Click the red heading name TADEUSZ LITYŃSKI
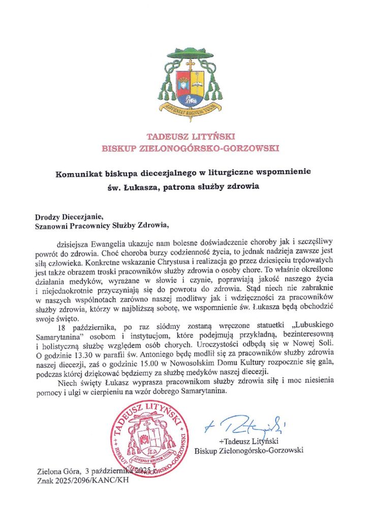[x=183, y=136]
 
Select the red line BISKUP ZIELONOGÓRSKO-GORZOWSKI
[x=183, y=148]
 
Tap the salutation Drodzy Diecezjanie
[x=68, y=216]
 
